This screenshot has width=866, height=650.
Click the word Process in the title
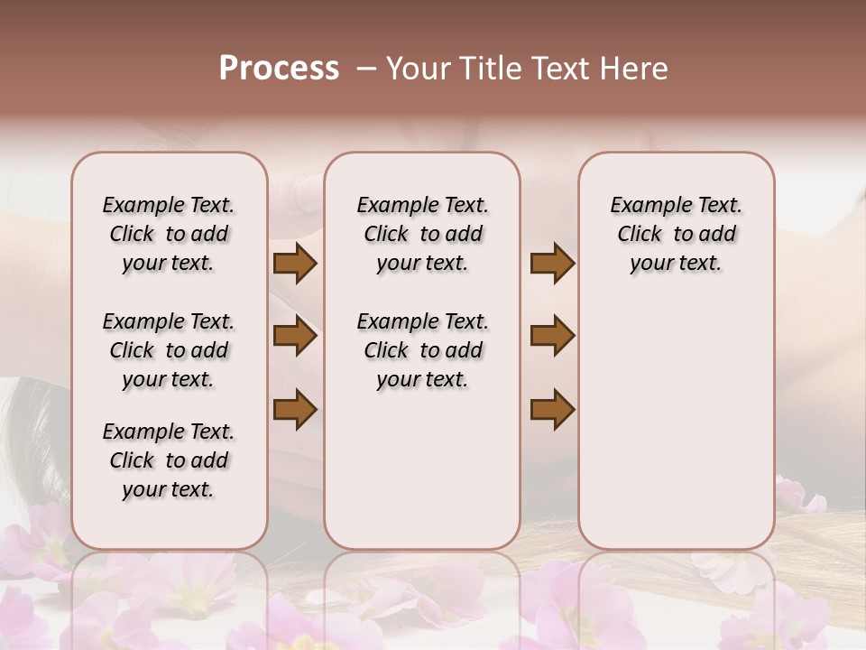279,68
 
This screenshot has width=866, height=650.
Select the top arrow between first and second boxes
295,264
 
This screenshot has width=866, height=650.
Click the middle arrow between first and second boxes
295,336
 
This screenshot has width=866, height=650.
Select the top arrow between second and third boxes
553,264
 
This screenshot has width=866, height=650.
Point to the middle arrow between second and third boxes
553,336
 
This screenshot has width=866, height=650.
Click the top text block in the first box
169,234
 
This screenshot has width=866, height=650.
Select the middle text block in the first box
169,350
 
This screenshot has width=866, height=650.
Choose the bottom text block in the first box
169,460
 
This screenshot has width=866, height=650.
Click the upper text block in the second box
422,234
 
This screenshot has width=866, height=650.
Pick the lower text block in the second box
422,350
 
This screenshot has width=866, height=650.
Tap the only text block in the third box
676,234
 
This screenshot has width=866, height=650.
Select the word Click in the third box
640,235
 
